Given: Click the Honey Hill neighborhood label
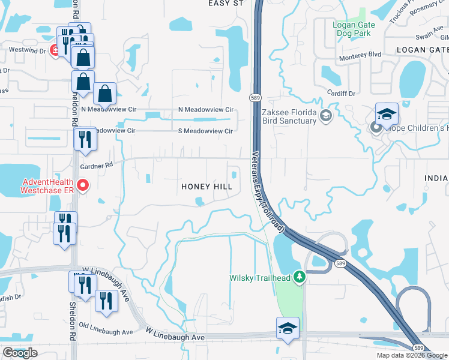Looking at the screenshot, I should [207, 187].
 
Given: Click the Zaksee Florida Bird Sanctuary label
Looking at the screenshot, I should [289, 116].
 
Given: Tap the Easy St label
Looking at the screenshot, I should [225, 4].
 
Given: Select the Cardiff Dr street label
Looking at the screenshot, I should [343, 94].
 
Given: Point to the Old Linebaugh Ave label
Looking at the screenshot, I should [105, 332].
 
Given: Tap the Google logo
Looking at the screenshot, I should [20, 353].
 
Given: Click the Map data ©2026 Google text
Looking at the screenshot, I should [412, 355].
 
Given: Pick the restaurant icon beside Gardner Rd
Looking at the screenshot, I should [85, 139].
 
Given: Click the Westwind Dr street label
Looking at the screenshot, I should [26, 51].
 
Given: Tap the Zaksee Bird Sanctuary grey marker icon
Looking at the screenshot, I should [326, 115].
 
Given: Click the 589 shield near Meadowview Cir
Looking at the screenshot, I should [255, 97].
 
